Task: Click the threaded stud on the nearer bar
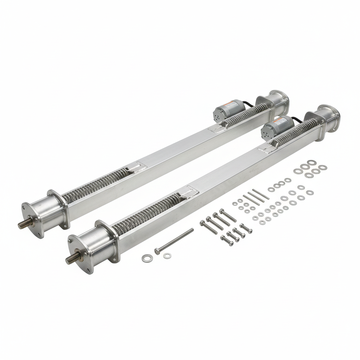pyautogui.click(x=71, y=259)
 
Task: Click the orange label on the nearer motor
pyautogui.click(x=280, y=121)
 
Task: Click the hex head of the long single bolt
pyautogui.click(x=157, y=251)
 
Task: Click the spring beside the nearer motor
pyautogui.click(x=297, y=132)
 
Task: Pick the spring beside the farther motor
pyautogui.click(x=246, y=114)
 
